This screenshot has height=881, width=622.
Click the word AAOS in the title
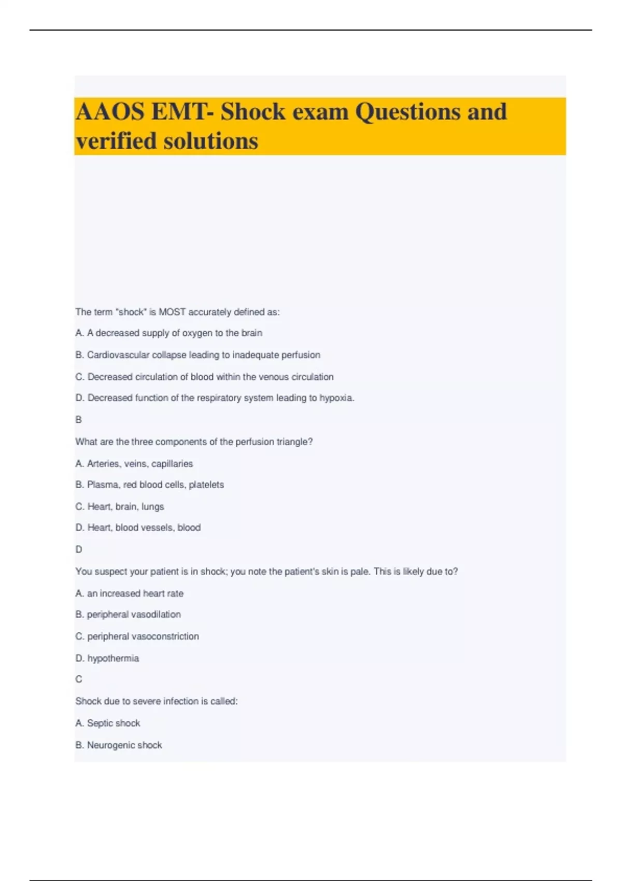(110, 112)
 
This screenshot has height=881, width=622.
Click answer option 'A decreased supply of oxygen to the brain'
(169, 333)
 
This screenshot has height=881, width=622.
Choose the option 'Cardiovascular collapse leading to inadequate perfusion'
(198, 355)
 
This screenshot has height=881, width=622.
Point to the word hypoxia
(336, 398)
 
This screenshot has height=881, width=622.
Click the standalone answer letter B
(79, 420)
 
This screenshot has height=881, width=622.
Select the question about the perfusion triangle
(194, 442)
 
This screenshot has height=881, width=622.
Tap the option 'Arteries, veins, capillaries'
(134, 464)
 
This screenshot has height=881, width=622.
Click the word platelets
(206, 485)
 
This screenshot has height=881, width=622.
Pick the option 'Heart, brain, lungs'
(120, 507)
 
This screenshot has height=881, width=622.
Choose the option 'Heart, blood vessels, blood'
(138, 528)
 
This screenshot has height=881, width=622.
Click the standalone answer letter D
(79, 549)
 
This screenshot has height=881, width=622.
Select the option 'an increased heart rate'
(130, 593)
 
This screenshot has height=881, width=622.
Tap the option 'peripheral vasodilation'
(129, 615)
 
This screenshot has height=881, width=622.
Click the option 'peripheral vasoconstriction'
(137, 636)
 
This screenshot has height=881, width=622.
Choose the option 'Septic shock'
(108, 723)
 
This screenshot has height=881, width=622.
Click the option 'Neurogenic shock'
(119, 745)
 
